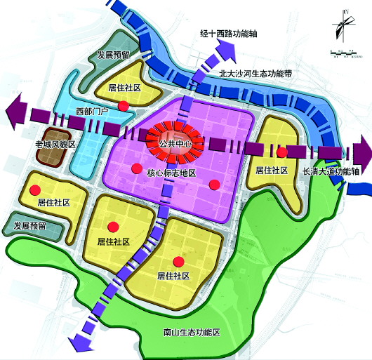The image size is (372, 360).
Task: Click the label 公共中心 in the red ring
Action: [x=175, y=145]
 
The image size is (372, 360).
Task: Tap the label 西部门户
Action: [x=90, y=111]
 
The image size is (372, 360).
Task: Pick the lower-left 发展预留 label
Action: [x=30, y=226]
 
